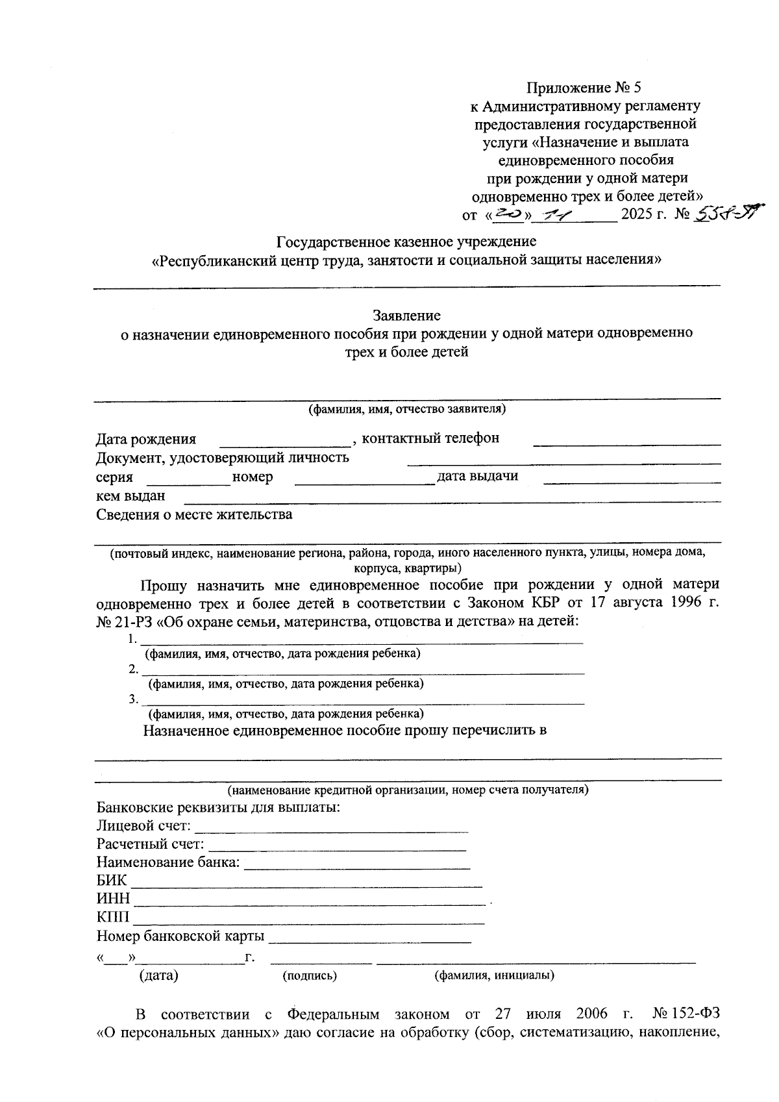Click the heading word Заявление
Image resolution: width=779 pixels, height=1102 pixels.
point(406,316)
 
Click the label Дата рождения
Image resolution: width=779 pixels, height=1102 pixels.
point(146,440)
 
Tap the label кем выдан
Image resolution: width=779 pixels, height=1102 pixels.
point(130,496)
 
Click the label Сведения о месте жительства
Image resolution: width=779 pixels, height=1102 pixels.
point(194,515)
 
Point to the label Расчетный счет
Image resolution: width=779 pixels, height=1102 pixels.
point(150,844)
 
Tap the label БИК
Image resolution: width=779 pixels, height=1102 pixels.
point(112,881)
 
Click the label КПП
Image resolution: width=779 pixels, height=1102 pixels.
point(113,918)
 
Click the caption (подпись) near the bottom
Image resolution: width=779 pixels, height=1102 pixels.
point(309,975)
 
